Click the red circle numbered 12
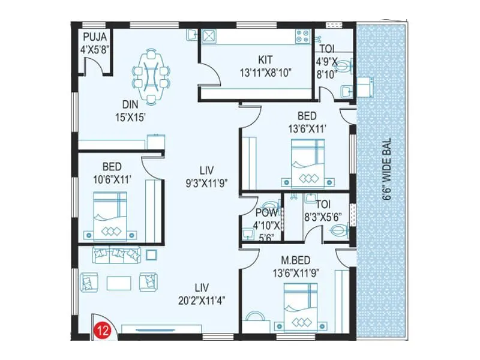(x=100, y=329)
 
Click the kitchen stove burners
(x=300, y=37)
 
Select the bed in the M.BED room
(x=302, y=308)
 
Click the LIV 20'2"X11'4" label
(x=202, y=292)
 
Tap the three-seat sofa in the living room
(x=116, y=255)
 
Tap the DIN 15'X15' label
(x=131, y=111)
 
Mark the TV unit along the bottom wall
(x=148, y=328)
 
